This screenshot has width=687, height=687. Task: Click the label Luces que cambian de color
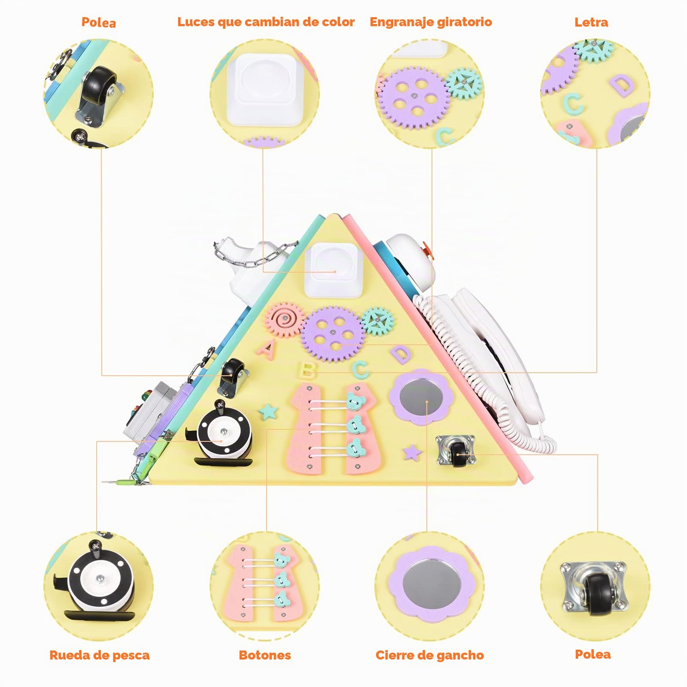coord(266,22)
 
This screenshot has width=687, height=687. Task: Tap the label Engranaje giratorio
coord(431,22)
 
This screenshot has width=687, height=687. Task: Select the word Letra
coord(591,22)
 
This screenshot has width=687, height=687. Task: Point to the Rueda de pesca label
coord(100,655)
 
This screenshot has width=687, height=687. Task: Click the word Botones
coord(265,655)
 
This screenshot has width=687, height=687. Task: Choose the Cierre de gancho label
coord(430,655)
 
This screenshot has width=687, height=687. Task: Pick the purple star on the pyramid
coord(413,453)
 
